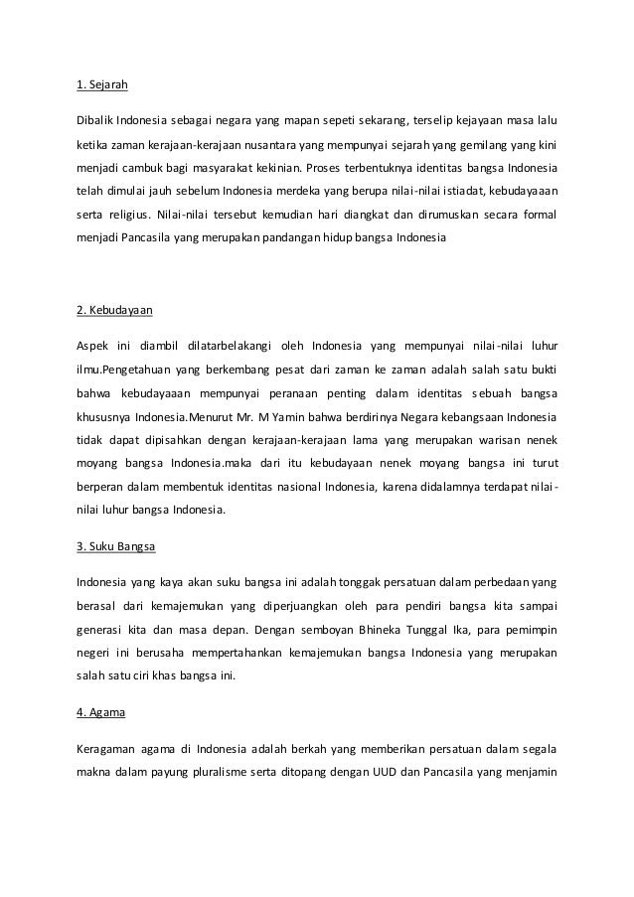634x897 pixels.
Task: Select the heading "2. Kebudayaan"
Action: click(114, 310)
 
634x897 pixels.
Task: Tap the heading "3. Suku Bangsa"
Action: click(115, 546)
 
